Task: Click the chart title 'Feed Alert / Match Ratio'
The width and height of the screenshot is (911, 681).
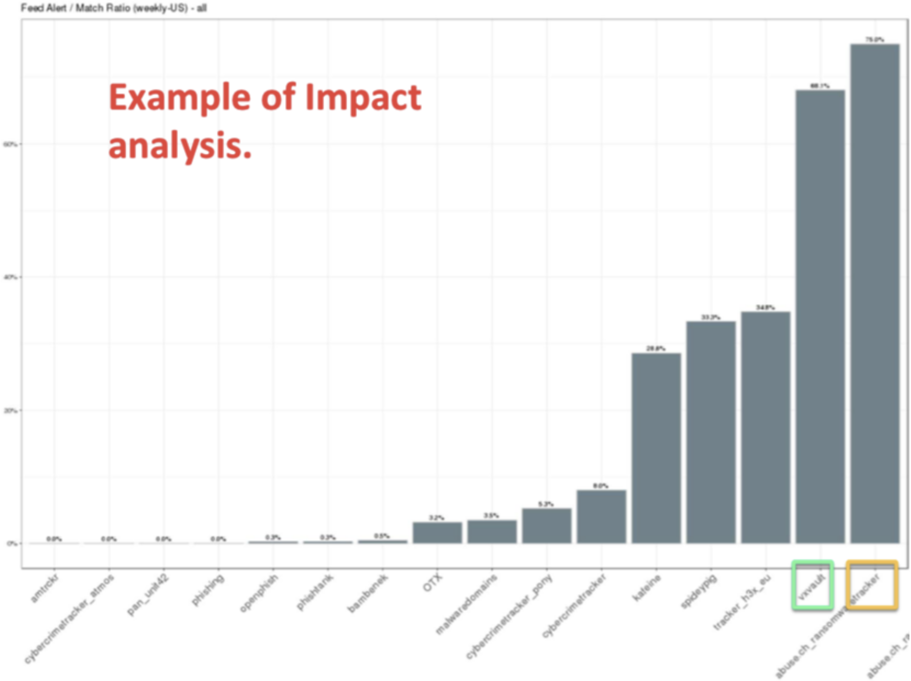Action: (x=113, y=8)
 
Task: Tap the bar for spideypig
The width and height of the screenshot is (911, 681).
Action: (x=711, y=432)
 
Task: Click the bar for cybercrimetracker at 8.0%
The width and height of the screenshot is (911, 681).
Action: (x=601, y=517)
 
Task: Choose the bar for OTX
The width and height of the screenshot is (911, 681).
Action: (x=437, y=532)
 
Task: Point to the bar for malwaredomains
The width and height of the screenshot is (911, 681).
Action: (x=492, y=532)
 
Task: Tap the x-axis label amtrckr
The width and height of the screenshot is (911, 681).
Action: (x=45, y=590)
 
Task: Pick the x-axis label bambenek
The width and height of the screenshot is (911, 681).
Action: (x=368, y=593)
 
